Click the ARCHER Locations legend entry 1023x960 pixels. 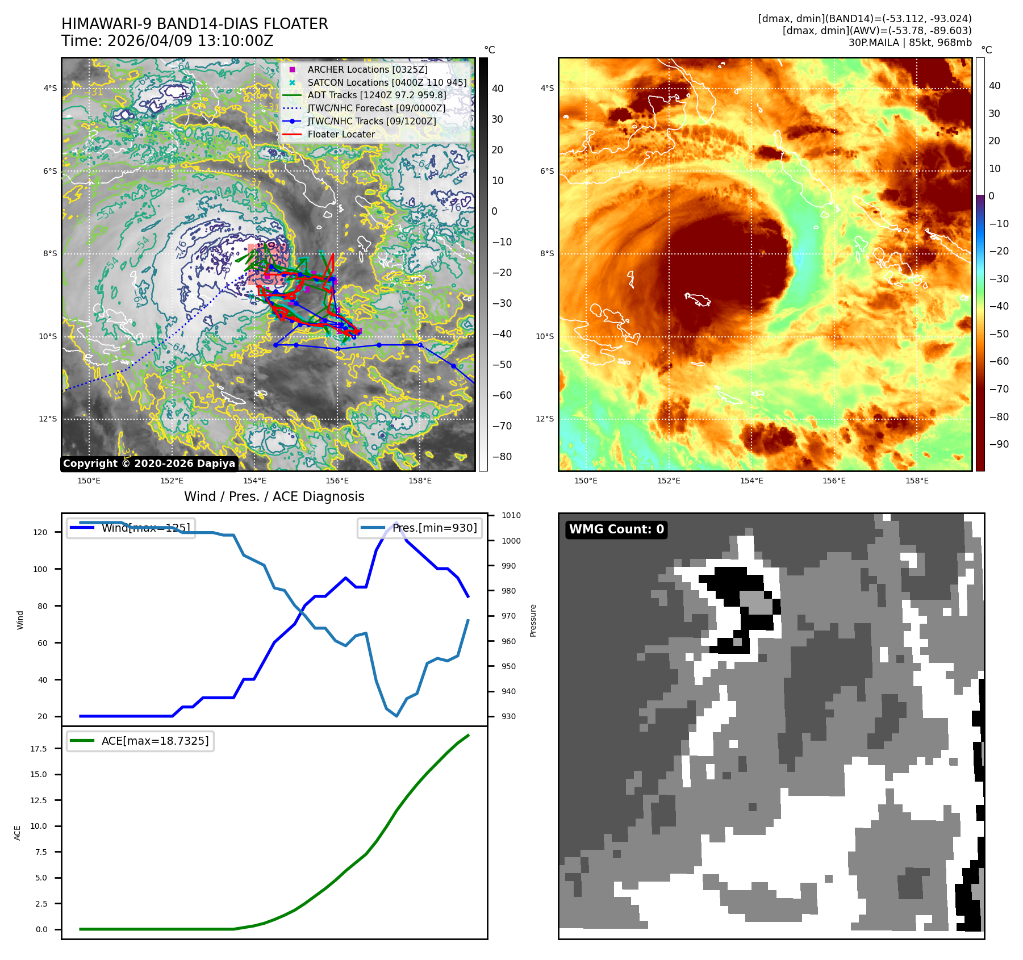[367, 69]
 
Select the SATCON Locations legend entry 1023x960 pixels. [387, 82]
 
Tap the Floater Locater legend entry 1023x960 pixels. [341, 135]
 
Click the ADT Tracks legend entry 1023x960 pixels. [377, 95]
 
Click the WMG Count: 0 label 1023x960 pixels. [616, 529]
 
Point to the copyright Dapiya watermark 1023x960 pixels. [149, 464]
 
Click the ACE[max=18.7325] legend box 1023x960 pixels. [140, 741]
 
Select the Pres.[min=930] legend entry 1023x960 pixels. [421, 528]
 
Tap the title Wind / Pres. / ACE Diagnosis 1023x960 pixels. [274, 496]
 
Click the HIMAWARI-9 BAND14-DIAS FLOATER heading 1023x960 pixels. [194, 24]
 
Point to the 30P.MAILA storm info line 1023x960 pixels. [909, 43]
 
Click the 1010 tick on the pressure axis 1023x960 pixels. [511, 516]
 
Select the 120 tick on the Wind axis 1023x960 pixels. [40, 532]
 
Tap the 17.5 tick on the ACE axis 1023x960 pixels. [39, 749]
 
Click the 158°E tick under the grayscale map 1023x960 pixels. [420, 481]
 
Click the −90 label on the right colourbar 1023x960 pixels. [999, 444]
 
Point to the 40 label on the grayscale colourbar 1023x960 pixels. [498, 89]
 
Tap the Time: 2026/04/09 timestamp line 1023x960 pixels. [167, 41]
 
